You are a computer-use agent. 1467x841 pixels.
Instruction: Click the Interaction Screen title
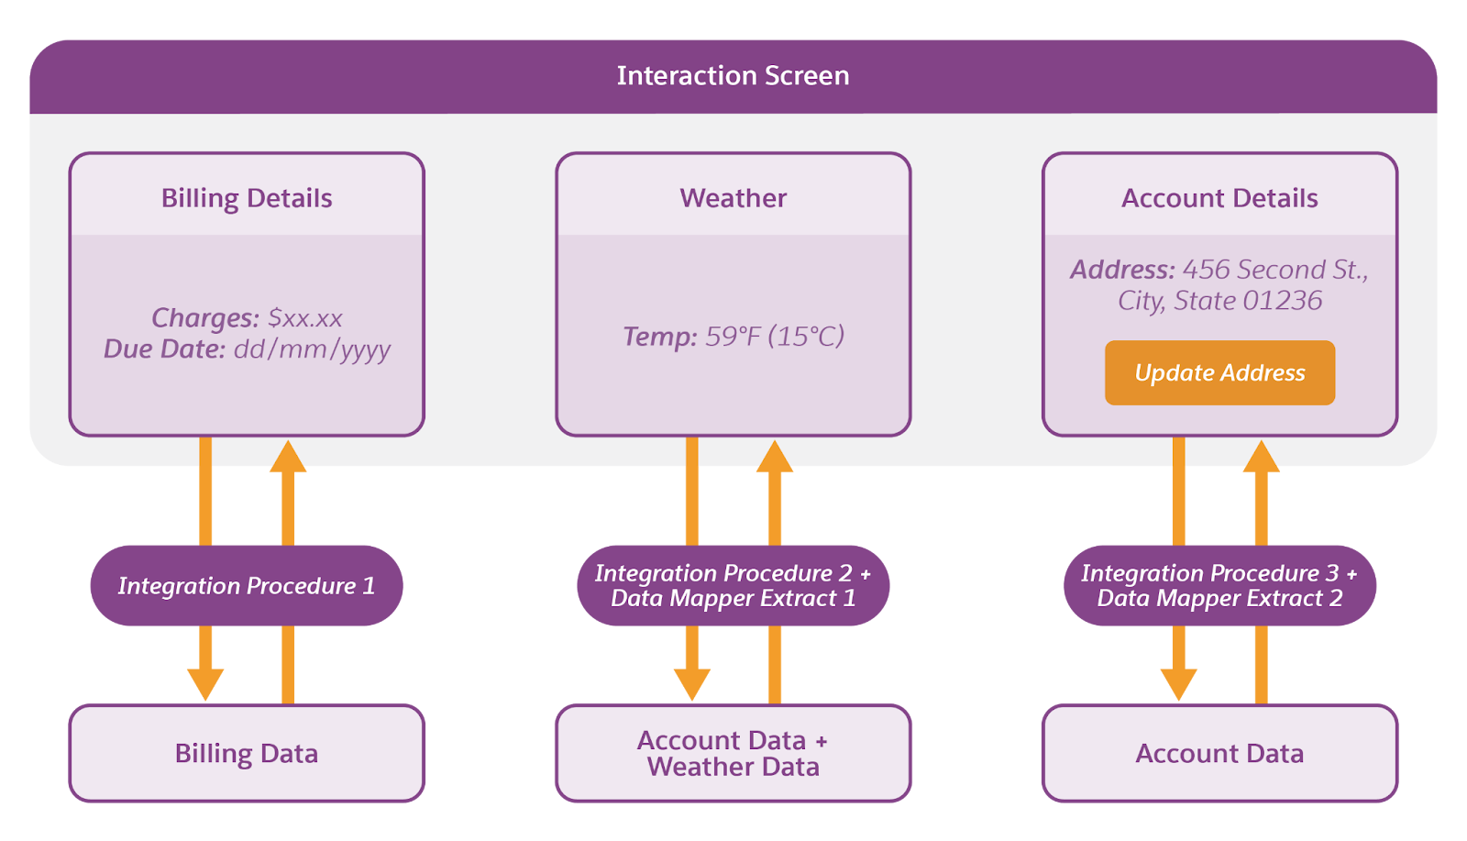pos(733,75)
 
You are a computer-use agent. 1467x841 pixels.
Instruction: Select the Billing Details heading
pos(247,198)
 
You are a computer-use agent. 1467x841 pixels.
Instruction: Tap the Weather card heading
pos(733,198)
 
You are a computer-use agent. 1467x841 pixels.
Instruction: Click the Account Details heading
pos(1219,198)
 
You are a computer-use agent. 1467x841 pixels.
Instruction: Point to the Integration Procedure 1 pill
pos(247,586)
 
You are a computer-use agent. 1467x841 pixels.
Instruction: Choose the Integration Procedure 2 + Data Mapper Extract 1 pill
pos(733,586)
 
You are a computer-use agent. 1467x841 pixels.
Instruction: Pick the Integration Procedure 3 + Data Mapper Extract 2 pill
pos(1219,586)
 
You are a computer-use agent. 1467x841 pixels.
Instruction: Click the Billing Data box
pos(247,753)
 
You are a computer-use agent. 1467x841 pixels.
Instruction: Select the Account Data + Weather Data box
pos(733,753)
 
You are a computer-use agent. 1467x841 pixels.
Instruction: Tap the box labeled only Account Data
pos(1219,753)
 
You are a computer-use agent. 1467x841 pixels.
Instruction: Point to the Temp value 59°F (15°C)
pos(775,337)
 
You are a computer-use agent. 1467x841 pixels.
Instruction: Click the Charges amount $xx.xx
pos(305,318)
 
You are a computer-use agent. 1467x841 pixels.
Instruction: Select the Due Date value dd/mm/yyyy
pos(312,349)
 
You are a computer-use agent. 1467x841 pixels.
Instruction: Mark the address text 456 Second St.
pos(1274,270)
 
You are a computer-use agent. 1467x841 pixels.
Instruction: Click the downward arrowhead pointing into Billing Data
pos(205,684)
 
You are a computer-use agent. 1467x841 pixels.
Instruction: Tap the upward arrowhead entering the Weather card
pos(775,457)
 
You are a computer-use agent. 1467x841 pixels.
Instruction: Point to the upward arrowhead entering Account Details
pos(1261,457)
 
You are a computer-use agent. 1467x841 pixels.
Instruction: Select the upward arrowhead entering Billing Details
pos(288,457)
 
